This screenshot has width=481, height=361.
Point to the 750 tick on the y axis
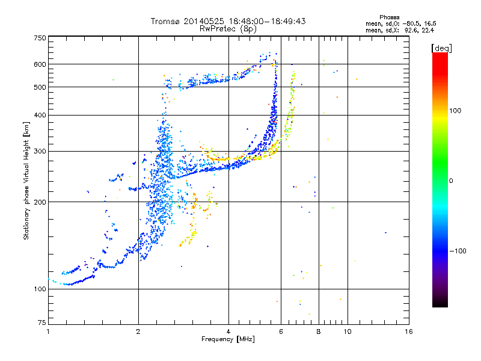point(40,38)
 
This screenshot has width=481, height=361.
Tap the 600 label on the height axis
point(40,64)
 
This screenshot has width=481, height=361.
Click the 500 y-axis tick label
point(40,87)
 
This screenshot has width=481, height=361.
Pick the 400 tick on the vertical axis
point(40,115)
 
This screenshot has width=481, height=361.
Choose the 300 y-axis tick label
point(40,152)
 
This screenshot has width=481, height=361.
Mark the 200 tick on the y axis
point(40,202)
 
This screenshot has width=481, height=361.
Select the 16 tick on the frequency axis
point(408,332)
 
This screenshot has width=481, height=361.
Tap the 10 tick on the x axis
point(347,332)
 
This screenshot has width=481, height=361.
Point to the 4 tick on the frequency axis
point(228,332)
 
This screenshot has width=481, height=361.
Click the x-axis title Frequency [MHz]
point(228,340)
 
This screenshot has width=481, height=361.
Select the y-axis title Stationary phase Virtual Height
point(26,180)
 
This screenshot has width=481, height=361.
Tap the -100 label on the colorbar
point(459,251)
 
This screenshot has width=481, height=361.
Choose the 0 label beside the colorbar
point(452,180)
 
